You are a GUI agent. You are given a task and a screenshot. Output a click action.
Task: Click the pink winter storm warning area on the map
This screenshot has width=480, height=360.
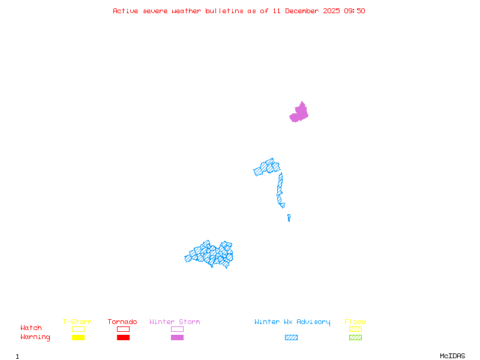point(299,113)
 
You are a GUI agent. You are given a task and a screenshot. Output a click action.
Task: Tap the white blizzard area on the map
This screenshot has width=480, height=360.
point(287,206)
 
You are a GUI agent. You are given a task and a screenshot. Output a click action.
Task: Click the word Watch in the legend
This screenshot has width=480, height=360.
point(31,328)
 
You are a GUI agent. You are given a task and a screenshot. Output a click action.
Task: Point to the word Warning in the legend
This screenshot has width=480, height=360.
point(35,337)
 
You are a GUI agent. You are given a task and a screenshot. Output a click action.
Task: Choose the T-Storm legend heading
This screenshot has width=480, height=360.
point(77,322)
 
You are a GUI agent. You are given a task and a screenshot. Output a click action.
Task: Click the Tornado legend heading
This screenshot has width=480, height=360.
point(122,322)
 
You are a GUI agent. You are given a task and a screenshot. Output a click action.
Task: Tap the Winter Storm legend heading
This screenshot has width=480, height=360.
point(175,322)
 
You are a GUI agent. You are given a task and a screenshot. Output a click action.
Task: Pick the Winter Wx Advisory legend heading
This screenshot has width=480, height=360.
point(292,322)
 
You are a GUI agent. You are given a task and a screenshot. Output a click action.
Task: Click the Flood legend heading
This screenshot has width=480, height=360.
point(355,322)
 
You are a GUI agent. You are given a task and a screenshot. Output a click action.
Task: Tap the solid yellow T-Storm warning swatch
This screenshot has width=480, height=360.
point(78,337)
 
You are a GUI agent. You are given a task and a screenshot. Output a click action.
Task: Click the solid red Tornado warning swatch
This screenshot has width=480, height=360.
point(123,337)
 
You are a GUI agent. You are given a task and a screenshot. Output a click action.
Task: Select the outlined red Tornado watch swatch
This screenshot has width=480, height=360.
point(123,329)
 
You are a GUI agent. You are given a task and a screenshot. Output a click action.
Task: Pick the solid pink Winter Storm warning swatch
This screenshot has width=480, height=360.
point(177,337)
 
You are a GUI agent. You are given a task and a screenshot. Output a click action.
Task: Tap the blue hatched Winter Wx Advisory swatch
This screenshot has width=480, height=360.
point(291,337)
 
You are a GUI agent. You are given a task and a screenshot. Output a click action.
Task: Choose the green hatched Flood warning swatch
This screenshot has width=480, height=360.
point(355,337)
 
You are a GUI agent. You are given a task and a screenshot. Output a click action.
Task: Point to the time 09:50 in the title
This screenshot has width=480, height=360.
point(354,11)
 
